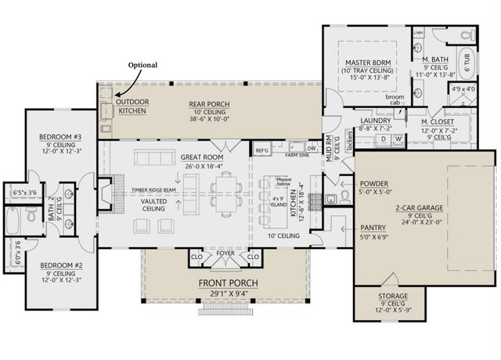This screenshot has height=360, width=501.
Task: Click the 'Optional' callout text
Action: coord(142,65)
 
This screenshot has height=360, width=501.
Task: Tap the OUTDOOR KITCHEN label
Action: coord(131,106)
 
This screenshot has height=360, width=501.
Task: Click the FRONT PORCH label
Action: coord(228,283)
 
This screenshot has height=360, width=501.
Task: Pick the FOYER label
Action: coord(226,253)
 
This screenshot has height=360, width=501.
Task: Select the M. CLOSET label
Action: coord(435,122)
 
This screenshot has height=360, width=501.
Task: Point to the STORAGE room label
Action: coord(387,297)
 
